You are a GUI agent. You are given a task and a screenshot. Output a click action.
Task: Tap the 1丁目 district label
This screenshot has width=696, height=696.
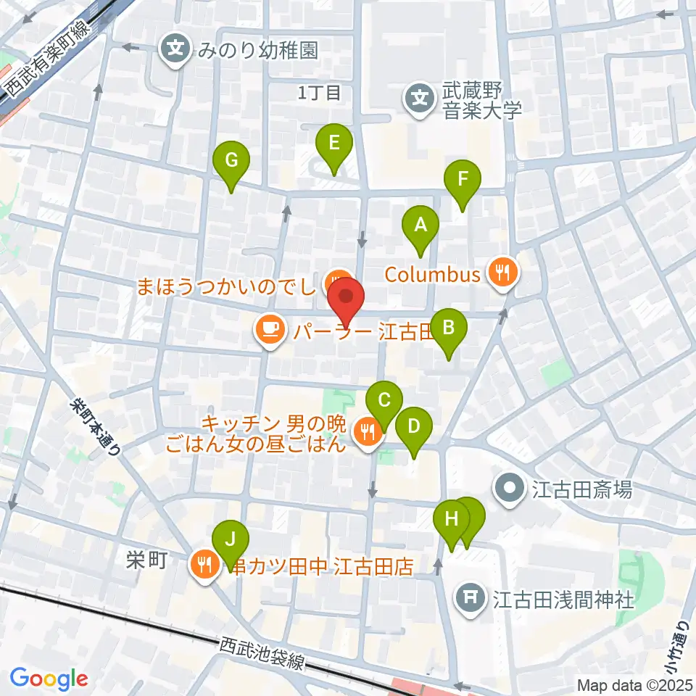point(319,93)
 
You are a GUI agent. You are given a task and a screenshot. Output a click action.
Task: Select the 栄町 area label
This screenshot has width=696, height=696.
point(146,560)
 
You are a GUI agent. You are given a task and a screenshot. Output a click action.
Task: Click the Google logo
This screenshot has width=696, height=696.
point(49,679)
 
